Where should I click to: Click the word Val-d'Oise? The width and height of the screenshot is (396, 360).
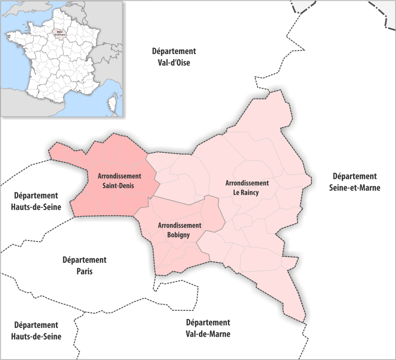coord(174,62)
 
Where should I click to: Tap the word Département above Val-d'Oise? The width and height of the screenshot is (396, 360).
coord(174,51)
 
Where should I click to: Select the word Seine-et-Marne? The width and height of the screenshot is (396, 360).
coord(354,187)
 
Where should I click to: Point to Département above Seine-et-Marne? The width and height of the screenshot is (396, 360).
coord(354,176)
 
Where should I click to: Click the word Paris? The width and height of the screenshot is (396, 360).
coord(84,271)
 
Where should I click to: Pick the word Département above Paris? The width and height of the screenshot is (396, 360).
coord(84,260)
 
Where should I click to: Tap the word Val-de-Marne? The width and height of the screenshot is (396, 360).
coord(208,334)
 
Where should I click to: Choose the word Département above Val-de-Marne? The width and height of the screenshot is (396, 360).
coord(208,323)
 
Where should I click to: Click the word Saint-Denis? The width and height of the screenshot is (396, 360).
coord(119,186)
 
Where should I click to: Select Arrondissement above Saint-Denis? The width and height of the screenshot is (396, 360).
coord(119,176)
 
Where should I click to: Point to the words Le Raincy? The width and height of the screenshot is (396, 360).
coord(246,193)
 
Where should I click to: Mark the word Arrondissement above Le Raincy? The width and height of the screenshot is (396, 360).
coord(246,182)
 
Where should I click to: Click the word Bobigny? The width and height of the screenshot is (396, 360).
coord(179,235)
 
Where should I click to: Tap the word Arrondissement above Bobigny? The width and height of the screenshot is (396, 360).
coord(179,225)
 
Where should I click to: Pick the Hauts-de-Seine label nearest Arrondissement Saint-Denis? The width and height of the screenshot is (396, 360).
coord(36,207)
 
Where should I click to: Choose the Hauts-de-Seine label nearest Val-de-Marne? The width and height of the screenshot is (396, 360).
coord(36,336)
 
